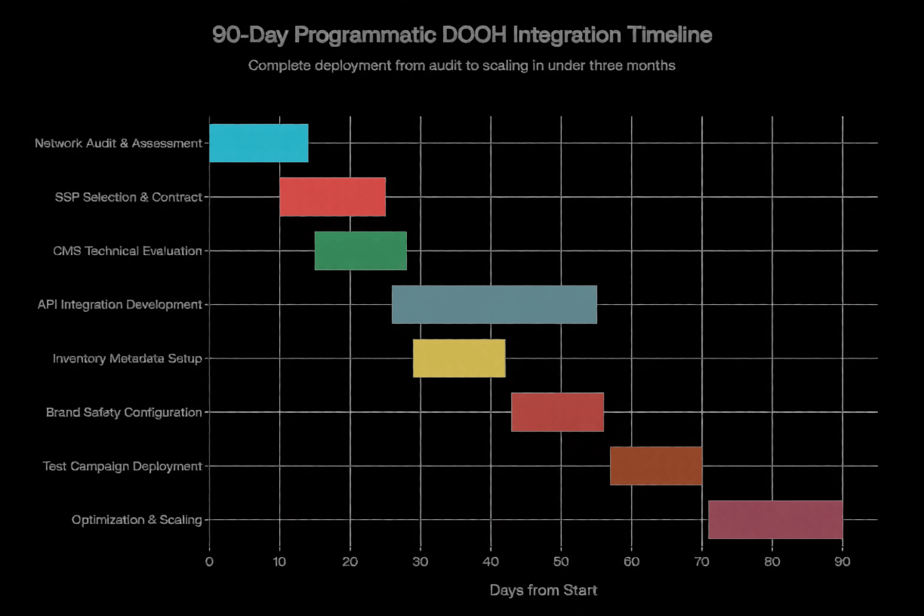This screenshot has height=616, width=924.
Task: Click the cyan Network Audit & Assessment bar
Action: tap(258, 143)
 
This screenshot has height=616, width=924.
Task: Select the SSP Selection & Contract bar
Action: tap(332, 196)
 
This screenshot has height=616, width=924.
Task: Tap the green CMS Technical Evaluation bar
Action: tap(360, 251)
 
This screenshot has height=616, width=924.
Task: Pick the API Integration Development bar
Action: tap(494, 304)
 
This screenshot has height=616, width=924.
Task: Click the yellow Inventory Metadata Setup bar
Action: tap(459, 358)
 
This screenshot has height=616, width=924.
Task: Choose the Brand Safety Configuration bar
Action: tap(557, 412)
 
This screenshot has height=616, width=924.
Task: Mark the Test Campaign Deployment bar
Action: tap(655, 466)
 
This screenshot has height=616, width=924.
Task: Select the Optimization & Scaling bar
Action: tap(775, 519)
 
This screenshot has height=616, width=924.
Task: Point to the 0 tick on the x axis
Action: tap(209, 562)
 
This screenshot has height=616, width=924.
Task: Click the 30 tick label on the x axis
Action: tap(420, 562)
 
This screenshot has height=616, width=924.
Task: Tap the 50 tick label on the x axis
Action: tap(561, 562)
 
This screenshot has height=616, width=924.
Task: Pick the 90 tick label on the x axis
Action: tap(842, 562)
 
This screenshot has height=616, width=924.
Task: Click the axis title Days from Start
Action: tap(543, 590)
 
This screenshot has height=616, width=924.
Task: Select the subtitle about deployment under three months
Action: tap(461, 66)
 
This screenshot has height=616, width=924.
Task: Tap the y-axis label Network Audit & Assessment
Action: tap(119, 143)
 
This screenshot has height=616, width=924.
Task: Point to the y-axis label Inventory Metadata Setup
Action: tap(127, 359)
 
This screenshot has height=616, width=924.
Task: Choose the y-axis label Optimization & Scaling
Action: tap(137, 520)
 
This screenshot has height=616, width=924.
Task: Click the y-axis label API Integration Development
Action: tap(119, 305)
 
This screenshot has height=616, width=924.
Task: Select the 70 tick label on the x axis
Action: tap(702, 562)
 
